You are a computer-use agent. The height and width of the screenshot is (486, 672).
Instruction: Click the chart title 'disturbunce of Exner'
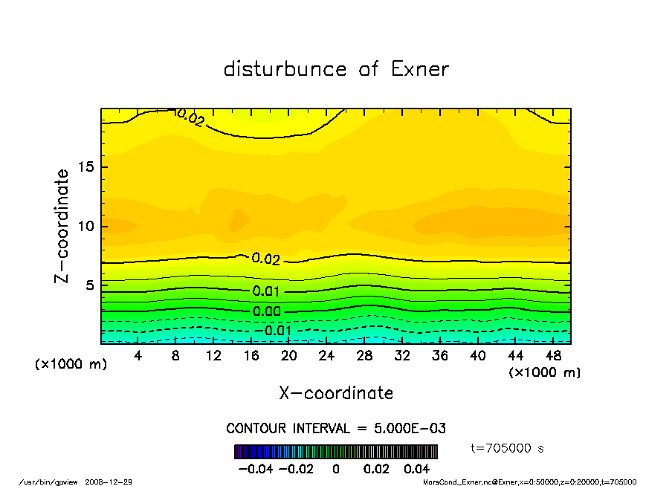[x=336, y=70]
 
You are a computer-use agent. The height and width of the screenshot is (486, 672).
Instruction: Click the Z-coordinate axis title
[x=62, y=225]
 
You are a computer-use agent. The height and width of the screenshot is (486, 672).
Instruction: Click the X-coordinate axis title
[x=336, y=393]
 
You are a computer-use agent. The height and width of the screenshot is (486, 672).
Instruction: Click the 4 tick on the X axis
[x=138, y=356]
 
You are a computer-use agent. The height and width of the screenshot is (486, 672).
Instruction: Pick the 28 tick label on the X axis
[x=364, y=356]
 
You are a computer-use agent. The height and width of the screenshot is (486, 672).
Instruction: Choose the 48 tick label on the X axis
[x=553, y=356]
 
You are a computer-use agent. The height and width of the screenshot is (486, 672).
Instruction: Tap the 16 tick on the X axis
[x=251, y=356]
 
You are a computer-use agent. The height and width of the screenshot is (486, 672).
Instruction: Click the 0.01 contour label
[x=265, y=291]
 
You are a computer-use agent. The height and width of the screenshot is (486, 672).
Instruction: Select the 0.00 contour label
[x=267, y=311]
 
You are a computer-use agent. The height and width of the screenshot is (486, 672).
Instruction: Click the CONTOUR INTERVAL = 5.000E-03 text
[x=336, y=429]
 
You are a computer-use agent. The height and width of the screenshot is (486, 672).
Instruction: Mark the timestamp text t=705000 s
[x=508, y=448]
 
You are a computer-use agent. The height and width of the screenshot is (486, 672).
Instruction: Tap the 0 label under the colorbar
[x=336, y=470]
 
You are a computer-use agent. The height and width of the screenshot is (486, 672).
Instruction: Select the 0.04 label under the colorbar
[x=417, y=470]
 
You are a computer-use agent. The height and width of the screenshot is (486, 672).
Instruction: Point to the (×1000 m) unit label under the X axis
[x=544, y=372]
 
